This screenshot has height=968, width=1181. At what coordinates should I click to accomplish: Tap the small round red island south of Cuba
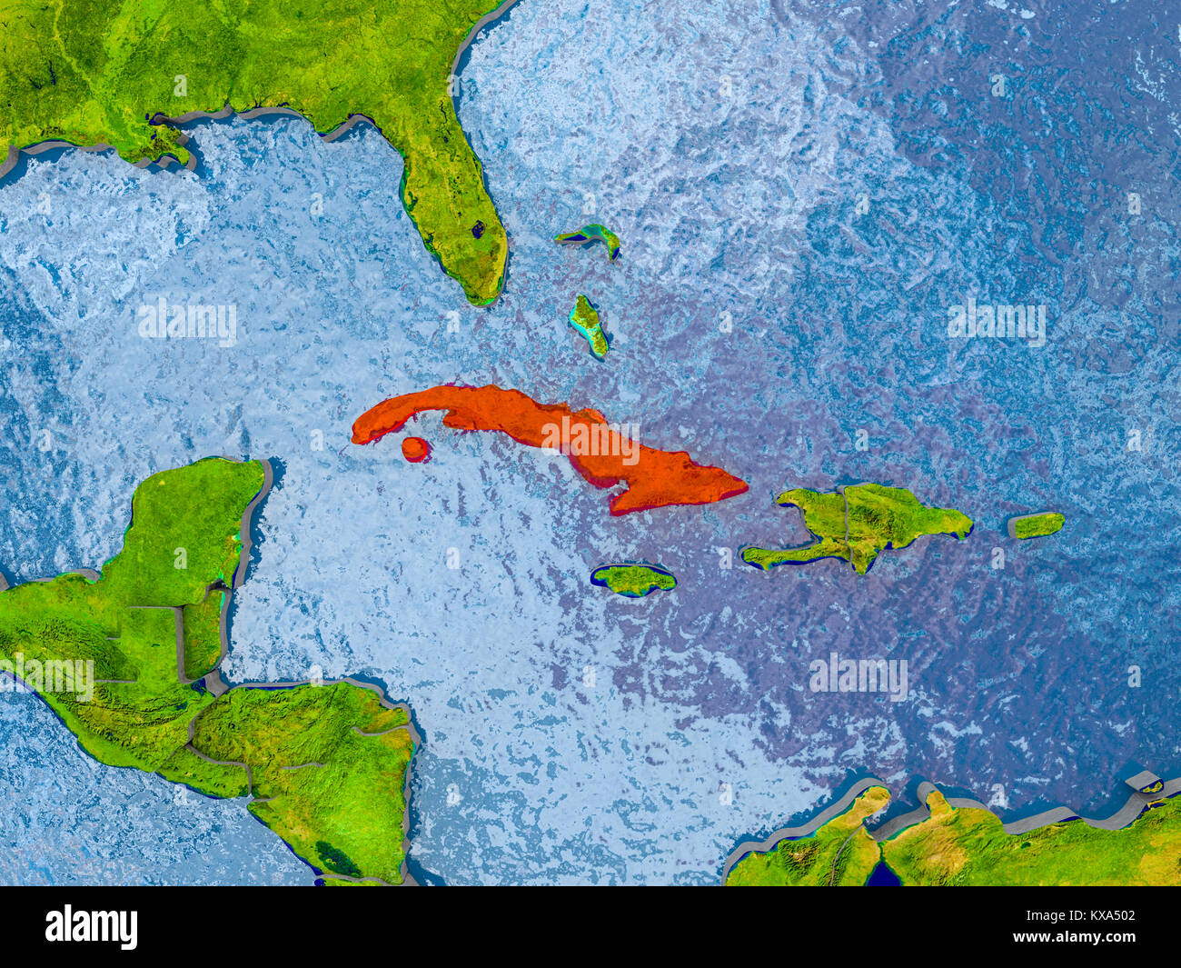(415, 448)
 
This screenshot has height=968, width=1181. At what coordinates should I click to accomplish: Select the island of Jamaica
(634, 579)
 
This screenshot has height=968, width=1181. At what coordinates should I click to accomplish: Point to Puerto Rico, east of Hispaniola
(1037, 525)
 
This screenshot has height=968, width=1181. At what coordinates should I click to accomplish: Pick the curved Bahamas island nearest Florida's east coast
(590, 237)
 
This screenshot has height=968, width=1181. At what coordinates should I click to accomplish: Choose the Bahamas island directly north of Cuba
(589, 324)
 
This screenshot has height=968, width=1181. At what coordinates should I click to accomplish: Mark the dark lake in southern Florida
(476, 229)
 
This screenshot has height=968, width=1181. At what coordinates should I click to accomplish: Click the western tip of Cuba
(356, 437)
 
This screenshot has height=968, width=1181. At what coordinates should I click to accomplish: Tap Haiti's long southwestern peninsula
(781, 554)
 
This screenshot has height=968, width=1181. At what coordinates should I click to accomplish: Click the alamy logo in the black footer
(91, 927)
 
